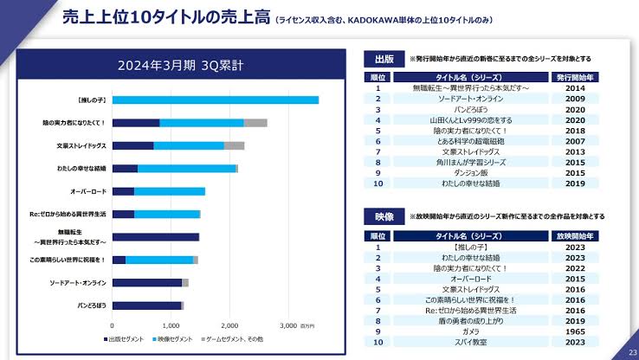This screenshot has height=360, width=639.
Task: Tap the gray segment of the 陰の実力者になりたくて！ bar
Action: pyautogui.click(x=255, y=123)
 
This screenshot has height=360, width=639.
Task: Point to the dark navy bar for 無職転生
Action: pyautogui.click(x=156, y=237)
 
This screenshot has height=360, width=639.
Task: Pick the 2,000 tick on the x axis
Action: pyautogui.click(x=229, y=325)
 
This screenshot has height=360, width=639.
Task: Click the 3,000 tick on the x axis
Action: pyautogui.click(x=288, y=325)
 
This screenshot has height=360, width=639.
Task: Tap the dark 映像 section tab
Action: pyautogui.click(x=384, y=215)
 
